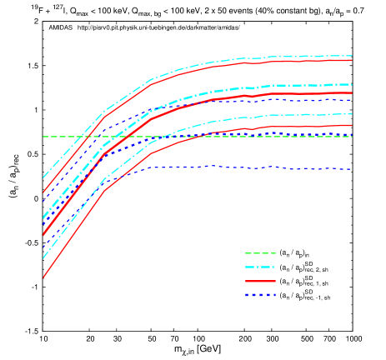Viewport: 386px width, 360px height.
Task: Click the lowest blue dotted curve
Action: (x=250, y=167)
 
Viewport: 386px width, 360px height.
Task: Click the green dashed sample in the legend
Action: (x=260, y=253)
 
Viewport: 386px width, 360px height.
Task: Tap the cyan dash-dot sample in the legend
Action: (x=260, y=267)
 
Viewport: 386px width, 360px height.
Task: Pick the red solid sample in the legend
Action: (x=260, y=282)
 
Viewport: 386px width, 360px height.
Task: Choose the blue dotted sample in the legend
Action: (x=260, y=295)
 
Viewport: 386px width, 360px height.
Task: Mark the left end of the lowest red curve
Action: (x=43, y=277)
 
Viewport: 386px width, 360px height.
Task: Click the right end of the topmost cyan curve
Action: (x=352, y=56)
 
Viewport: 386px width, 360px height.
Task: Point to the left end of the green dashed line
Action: (x=43, y=136)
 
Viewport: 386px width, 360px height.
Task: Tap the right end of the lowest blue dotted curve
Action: (x=352, y=169)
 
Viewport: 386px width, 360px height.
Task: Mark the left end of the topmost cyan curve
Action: (x=43, y=177)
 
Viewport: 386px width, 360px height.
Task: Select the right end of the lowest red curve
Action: (x=352, y=125)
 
